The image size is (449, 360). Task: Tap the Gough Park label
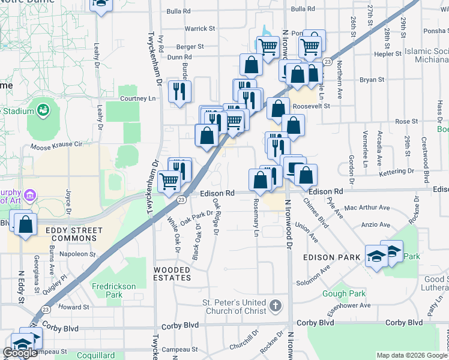coord(343,294)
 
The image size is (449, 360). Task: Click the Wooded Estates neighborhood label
coord(172,274)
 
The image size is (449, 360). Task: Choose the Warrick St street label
coord(200,28)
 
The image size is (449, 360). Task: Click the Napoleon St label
coord(80,254)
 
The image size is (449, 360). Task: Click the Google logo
coord(20,353)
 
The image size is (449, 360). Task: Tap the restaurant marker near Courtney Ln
coord(179,91)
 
